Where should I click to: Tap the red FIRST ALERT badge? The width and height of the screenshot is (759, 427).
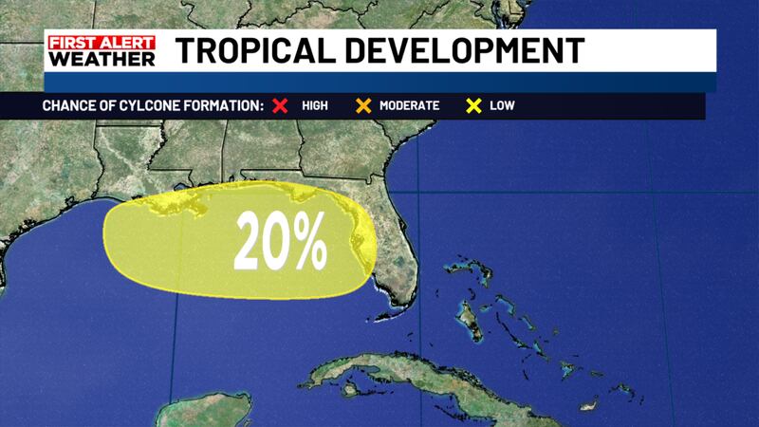[101, 42]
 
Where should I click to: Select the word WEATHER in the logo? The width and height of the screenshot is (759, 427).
[101, 59]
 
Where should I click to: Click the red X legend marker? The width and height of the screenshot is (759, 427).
[280, 105]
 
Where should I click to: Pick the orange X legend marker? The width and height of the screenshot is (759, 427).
[361, 105]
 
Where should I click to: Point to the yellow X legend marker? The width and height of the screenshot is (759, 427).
[471, 105]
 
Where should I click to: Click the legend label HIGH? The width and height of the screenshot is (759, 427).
[314, 105]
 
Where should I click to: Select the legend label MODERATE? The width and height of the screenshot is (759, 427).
[409, 105]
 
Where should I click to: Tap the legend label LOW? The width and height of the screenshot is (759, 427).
[502, 105]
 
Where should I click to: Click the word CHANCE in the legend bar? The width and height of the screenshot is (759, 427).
[67, 105]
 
